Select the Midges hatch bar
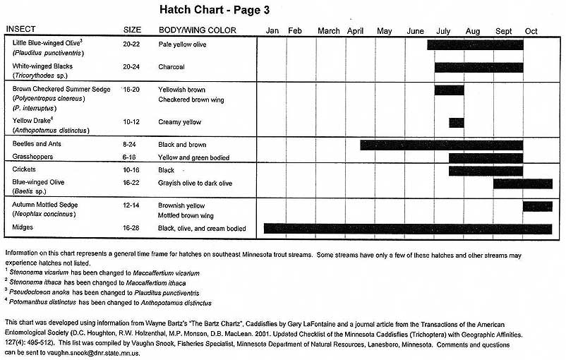[407, 229]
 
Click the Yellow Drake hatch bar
[457, 122]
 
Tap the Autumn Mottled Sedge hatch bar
[537, 206]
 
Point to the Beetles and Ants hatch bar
[441, 145]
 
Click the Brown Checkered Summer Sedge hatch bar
[449, 90]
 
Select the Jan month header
[272, 31]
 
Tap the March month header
[328, 31]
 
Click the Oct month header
[531, 31]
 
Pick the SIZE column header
[132, 30]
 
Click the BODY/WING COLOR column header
[197, 30]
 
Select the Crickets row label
[25, 170]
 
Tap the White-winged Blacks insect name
[42, 66]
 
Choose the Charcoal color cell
[171, 67]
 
